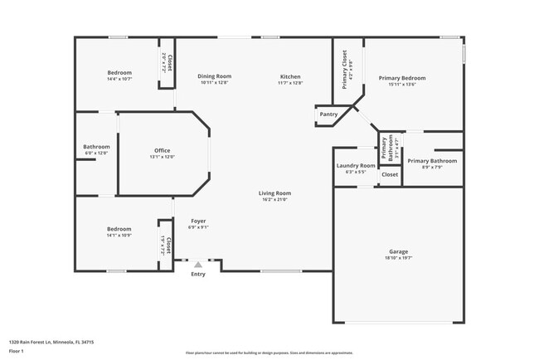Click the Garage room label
[x=398, y=251]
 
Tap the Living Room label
[x=276, y=193]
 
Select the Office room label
[x=162, y=150]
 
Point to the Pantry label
[x=328, y=114]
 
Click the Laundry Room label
[x=356, y=165]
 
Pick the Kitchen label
[x=290, y=76]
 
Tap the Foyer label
[x=198, y=221]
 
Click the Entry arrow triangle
[x=198, y=265]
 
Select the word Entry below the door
[x=198, y=274]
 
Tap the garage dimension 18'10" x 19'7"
[x=398, y=258]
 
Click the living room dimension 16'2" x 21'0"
[x=276, y=199]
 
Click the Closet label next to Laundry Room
[x=390, y=174]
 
